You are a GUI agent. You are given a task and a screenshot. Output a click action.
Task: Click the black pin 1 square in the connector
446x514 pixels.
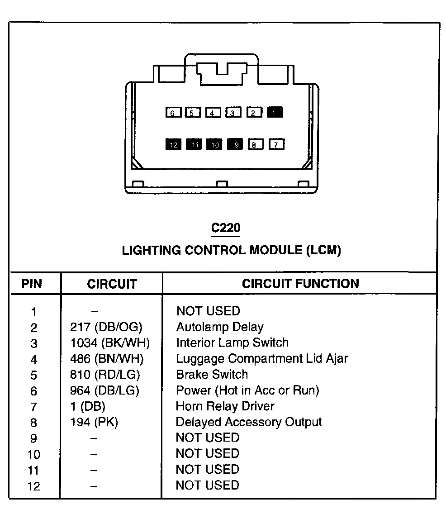click(275, 112)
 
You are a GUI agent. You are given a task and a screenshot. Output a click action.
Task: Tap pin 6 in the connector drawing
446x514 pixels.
click(173, 113)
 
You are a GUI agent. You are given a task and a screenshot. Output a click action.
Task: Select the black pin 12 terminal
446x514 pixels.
click(173, 144)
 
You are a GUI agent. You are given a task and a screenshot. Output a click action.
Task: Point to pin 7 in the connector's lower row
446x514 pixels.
click(276, 145)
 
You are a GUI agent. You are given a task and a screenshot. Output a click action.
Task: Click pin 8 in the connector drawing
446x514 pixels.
click(255, 145)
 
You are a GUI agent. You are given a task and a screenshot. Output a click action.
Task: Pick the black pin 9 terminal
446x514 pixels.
click(235, 144)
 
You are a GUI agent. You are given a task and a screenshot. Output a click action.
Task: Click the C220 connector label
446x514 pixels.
click(226, 228)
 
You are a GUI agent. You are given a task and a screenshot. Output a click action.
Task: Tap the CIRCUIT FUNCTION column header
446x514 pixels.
click(300, 284)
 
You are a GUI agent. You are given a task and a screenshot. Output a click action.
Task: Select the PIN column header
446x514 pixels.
click(32, 284)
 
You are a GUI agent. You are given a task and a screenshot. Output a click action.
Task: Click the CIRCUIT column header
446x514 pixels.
click(112, 284)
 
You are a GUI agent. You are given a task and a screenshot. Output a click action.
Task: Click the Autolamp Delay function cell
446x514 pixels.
click(219, 327)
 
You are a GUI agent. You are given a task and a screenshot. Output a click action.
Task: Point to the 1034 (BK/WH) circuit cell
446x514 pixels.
click(109, 343)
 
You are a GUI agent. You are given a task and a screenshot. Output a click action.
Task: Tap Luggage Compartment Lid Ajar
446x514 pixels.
click(262, 359)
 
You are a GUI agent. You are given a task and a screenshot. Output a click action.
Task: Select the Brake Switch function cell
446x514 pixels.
click(212, 375)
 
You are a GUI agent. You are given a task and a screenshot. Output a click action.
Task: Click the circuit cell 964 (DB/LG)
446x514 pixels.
click(104, 390)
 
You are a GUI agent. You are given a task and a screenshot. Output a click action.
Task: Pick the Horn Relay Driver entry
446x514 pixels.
click(225, 406)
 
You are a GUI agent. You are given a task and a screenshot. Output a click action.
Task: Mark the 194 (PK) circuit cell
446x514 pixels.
click(94, 422)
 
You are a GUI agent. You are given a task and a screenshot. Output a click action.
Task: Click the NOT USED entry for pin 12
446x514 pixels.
click(208, 485)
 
